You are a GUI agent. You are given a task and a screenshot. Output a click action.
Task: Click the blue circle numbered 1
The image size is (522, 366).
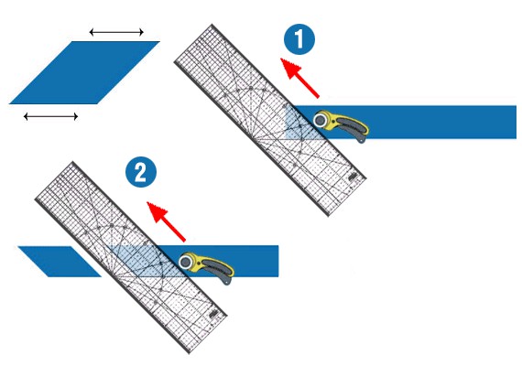coord(299,39)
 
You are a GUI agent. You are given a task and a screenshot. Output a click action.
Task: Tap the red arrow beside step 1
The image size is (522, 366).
coord(300,78)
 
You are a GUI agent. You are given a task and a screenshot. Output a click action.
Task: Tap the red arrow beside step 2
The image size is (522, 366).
coord(166,221)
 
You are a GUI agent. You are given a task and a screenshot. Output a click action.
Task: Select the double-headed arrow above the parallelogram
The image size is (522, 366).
coord(116,32)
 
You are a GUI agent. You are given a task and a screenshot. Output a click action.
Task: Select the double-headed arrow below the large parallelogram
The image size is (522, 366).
coord(51,116)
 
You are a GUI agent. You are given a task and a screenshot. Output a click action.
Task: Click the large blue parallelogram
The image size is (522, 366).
coord(84,72)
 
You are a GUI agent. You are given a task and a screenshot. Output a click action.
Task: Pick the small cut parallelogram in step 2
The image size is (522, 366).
coord(60,262)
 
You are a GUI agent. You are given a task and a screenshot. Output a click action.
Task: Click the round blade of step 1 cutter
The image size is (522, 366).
coord(321,120)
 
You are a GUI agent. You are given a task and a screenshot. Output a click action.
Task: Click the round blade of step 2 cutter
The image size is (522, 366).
coord(186,263)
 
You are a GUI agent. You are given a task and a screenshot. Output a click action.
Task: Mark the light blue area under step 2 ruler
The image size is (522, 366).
coord(143,261)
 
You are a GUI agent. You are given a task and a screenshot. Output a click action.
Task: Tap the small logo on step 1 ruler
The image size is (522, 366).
coord(353,177)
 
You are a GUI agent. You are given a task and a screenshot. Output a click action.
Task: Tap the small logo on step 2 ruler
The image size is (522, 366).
coord(213,314)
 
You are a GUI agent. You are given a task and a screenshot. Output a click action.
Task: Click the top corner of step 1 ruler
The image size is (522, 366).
coord(212,25)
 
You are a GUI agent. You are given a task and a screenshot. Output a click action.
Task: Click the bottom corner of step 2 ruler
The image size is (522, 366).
coord(190,353)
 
